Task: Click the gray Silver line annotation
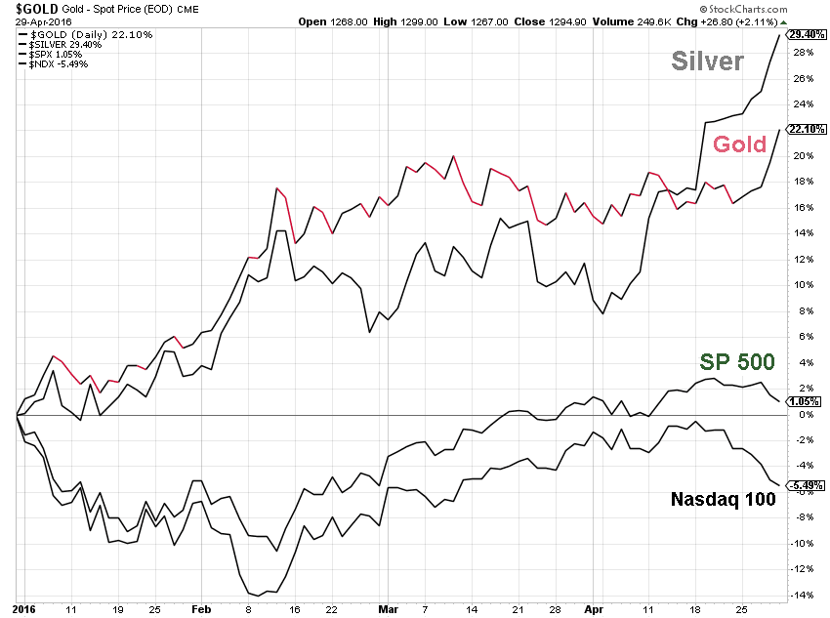[x=707, y=62]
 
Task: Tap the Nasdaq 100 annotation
[x=724, y=499]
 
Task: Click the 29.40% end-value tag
[x=803, y=33]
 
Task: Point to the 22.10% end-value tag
[x=803, y=129]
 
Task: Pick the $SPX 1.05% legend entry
[x=50, y=55]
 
